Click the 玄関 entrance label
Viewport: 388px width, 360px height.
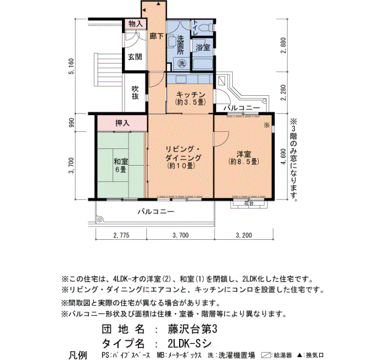pos(135,57)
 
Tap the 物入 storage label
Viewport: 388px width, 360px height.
pos(136,24)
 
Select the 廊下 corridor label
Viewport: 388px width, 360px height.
pos(157,37)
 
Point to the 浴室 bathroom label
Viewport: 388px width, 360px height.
pos(203,48)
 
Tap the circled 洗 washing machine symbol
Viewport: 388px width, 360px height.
pos(182,64)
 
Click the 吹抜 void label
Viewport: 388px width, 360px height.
pos(135,92)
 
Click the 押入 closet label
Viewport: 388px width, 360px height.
pos(122,123)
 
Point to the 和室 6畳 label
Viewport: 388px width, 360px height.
pos(121,166)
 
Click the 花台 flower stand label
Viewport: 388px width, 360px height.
pos(249,203)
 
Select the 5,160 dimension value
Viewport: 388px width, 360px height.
pos(72,66)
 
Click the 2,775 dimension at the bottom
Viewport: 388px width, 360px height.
pos(121,235)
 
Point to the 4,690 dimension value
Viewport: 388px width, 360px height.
pos(284,157)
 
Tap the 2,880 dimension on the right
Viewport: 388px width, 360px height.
pos(284,45)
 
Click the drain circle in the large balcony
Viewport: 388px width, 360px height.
pos(100,219)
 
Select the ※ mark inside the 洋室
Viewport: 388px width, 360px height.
pos(267,125)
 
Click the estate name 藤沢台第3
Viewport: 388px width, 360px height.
pos(192,329)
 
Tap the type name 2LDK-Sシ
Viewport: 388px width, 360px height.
pos(190,343)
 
